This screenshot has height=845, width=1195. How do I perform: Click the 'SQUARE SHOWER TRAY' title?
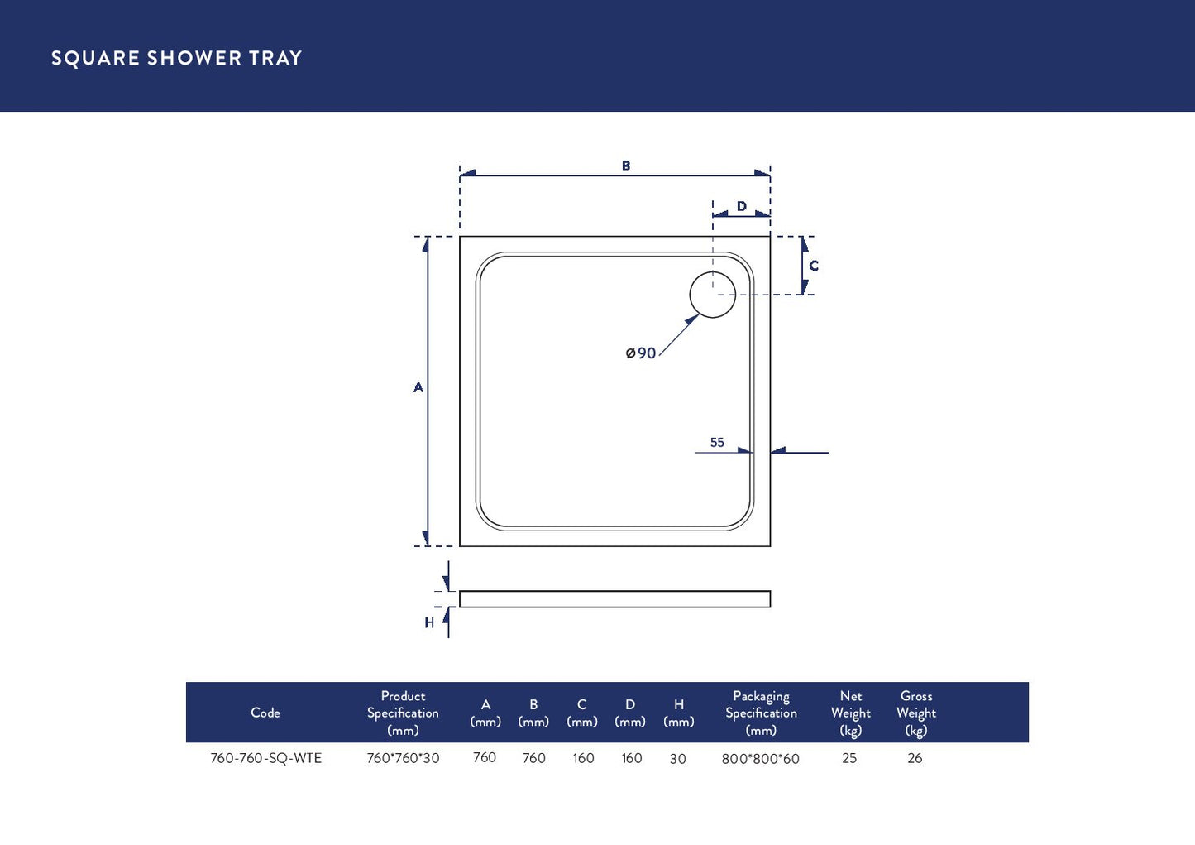(176, 58)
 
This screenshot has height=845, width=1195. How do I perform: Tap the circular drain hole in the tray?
(712, 295)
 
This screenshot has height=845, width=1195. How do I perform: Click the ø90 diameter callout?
(641, 353)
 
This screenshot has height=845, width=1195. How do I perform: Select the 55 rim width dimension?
(717, 443)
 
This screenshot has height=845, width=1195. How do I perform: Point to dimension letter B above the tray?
(626, 166)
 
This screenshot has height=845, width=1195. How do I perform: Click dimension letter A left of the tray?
(418, 387)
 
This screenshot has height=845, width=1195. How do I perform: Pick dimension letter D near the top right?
(742, 206)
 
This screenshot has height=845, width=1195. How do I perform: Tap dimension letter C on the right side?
(814, 266)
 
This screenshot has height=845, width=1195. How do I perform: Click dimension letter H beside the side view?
(429, 622)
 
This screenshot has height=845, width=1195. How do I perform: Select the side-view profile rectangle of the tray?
(614, 599)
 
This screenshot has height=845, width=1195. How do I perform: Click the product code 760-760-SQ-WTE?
(265, 758)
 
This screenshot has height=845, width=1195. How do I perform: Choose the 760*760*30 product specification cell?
(403, 758)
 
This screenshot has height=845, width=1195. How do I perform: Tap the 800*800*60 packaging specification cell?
(760, 759)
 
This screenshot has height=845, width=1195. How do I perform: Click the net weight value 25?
(849, 758)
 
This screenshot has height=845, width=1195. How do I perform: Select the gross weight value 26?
(915, 758)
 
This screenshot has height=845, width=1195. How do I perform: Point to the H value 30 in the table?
(677, 759)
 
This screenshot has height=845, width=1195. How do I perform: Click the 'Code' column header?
(265, 713)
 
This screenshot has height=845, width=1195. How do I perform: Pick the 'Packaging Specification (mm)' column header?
(761, 713)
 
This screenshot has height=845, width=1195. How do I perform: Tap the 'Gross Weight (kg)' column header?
(915, 713)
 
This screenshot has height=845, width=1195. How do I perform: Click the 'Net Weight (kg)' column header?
(850, 713)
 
